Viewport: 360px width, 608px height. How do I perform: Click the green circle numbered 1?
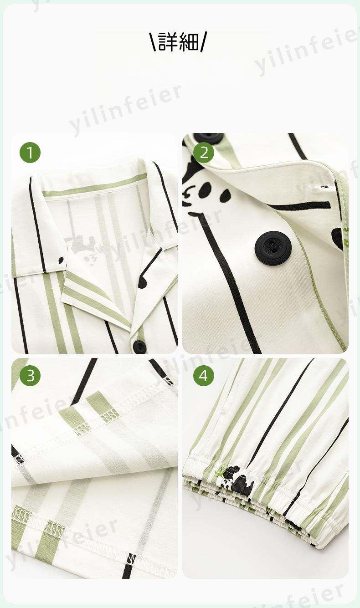click(30, 153)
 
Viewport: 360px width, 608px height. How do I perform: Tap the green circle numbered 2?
click(204, 153)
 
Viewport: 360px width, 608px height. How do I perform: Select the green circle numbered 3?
click(30, 376)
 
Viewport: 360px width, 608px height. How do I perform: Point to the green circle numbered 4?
click(204, 376)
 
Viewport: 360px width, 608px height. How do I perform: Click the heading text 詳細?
click(178, 41)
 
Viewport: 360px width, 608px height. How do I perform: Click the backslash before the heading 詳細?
click(154, 41)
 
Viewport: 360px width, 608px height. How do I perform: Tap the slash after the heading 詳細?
click(203, 41)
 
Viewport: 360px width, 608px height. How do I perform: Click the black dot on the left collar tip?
click(62, 261)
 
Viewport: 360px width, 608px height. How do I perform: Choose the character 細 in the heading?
click(189, 41)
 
